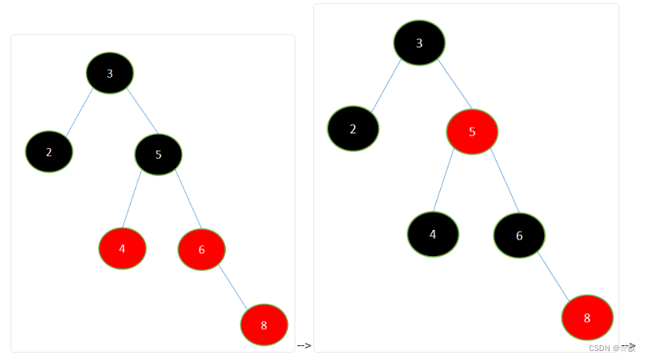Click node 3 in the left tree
click(x=110, y=73)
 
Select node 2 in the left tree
click(x=49, y=151)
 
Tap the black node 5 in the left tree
click(x=158, y=154)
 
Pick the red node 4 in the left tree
click(x=122, y=249)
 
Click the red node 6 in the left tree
click(x=201, y=250)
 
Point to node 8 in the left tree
click(x=263, y=325)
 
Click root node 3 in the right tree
click(x=419, y=43)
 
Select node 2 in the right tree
click(x=353, y=128)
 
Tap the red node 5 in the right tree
click(x=472, y=132)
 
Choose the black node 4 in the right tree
click(x=433, y=234)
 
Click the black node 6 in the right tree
click(x=519, y=236)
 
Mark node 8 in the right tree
click(x=587, y=317)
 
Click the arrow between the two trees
click(x=304, y=346)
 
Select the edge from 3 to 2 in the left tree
click(x=80, y=112)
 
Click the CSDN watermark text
click(x=611, y=347)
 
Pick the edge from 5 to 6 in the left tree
click(x=187, y=200)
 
